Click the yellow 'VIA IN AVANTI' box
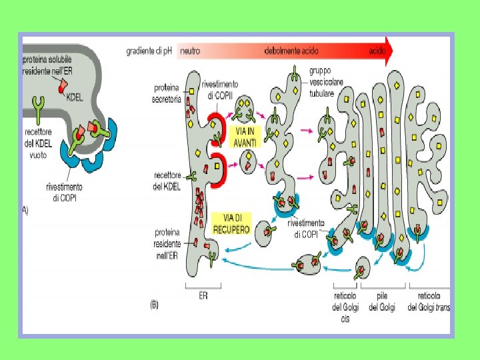pos(245,137)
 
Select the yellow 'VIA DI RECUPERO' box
pos(231,223)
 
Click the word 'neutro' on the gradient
pos(190,50)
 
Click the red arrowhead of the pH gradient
pos(388,51)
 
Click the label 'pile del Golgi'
pos(382,301)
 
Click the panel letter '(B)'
pos(155,305)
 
